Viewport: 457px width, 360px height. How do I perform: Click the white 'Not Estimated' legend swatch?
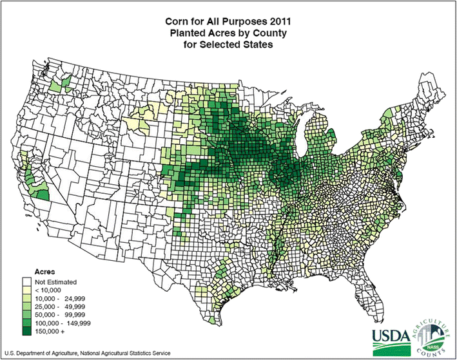click(26, 281)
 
